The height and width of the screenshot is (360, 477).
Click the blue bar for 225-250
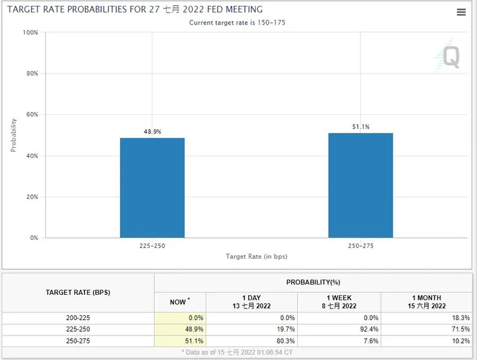[x=152, y=188]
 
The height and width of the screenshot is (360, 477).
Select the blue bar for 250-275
[x=360, y=185]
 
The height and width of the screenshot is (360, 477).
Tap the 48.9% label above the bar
[x=152, y=132]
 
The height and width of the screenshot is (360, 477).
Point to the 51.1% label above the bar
[x=360, y=127]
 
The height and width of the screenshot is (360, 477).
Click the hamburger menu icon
[x=461, y=12]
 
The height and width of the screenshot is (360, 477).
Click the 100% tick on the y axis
[x=30, y=32]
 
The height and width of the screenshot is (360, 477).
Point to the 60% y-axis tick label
[x=32, y=115]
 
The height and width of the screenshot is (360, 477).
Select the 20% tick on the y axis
[x=32, y=197]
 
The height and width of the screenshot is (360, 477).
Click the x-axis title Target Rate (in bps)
[x=257, y=256]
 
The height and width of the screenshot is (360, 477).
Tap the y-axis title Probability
[x=14, y=135]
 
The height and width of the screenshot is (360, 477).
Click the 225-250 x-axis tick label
[x=152, y=246]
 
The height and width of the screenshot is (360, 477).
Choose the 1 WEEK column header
[x=339, y=302]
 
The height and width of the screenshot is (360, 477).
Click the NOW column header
[x=180, y=302]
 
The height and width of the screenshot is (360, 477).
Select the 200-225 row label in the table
[x=78, y=317]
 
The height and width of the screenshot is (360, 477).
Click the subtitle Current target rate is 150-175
[x=237, y=23]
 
